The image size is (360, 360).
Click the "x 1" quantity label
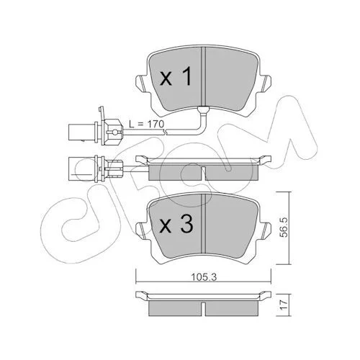tap(176, 76)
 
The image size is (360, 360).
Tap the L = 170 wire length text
tap(146, 125)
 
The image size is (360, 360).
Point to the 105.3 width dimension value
tap(204, 277)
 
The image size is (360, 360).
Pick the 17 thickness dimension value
tap(284, 305)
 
